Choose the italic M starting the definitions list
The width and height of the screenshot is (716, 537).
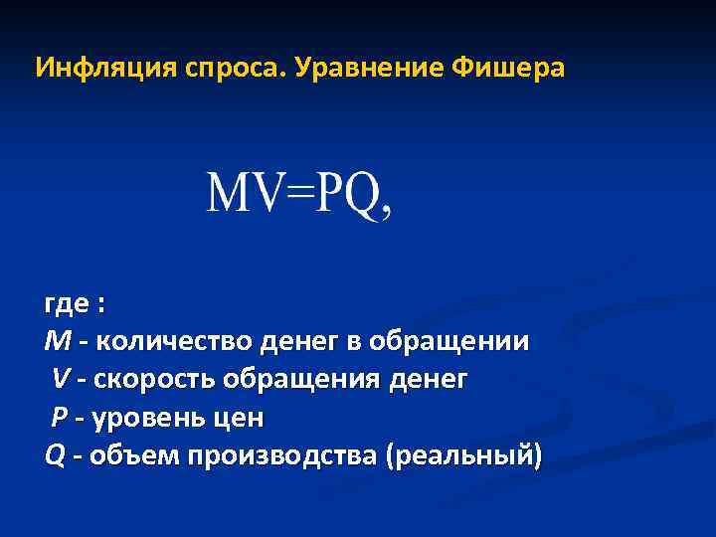click(x=58, y=342)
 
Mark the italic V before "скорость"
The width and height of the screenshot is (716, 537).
click(x=62, y=380)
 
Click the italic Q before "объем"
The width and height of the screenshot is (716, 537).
click(x=55, y=456)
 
